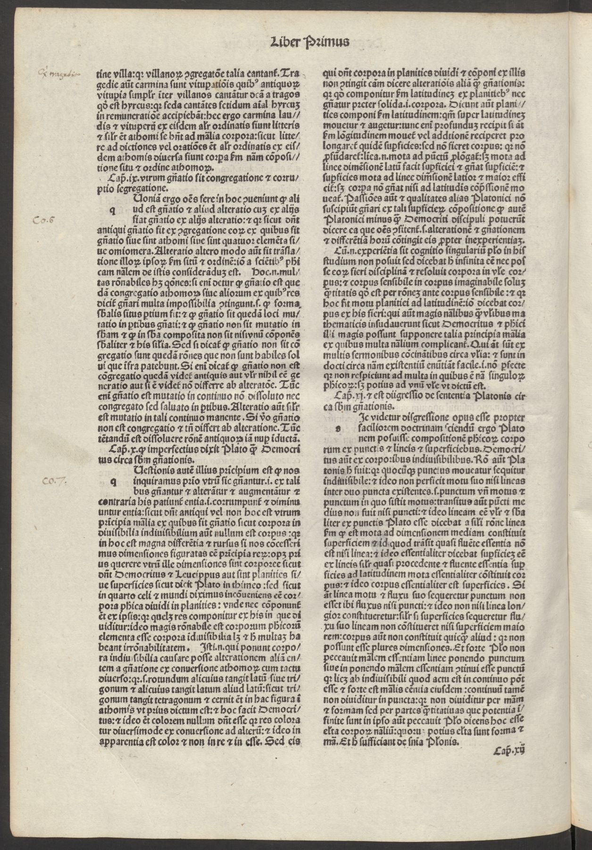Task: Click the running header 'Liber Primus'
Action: (309, 41)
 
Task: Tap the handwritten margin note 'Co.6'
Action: (43, 220)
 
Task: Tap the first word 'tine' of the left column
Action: (103, 74)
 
